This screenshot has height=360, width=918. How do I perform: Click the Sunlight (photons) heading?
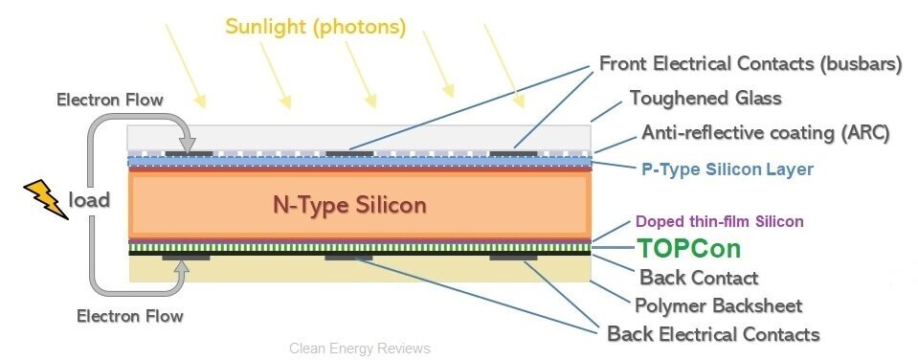316,28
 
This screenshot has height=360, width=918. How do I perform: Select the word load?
89,199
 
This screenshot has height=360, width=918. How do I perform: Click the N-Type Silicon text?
349,206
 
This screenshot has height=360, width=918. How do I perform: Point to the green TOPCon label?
688,249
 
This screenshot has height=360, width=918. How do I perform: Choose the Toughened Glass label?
705,98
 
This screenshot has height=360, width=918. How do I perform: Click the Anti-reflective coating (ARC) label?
766,133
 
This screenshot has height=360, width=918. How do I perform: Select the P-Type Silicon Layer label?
728,169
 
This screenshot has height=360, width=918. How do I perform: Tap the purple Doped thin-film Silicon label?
720,221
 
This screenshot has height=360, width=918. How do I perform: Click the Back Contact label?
699,277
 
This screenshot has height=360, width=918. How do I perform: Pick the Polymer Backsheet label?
718,305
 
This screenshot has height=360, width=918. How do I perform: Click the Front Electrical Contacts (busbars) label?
750,63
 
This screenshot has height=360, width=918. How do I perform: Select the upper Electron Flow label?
109,100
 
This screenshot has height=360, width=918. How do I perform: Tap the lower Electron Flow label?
130,317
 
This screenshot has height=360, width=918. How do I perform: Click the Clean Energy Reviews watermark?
360,349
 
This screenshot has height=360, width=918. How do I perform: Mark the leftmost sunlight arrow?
186,66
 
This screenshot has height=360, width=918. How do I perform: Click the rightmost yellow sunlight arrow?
504,66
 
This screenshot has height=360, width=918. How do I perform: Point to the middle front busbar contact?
349,154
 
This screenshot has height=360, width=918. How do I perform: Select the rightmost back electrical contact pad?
513,257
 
